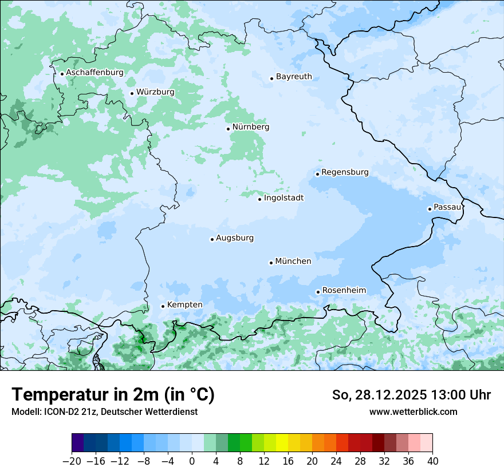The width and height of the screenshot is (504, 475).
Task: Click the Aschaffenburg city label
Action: (x=94, y=73)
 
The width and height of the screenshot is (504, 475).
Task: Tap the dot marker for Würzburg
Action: (x=132, y=93)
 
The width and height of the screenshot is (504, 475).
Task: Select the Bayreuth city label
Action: (x=294, y=77)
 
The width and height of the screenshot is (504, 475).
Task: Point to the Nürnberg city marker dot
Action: (x=228, y=129)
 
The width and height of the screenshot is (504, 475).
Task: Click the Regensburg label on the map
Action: (x=345, y=172)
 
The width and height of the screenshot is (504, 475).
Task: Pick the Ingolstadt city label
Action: (x=283, y=198)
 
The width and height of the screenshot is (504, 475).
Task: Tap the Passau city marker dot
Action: (x=430, y=209)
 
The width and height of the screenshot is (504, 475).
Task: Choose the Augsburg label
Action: (x=234, y=238)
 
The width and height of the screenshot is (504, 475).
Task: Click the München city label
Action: (x=293, y=262)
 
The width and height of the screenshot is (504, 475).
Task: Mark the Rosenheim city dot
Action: (x=318, y=292)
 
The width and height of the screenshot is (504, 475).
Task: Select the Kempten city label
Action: (x=184, y=305)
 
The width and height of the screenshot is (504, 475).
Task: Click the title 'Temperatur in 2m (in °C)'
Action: (x=113, y=394)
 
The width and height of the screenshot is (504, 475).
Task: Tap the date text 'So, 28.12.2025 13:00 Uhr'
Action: (x=411, y=395)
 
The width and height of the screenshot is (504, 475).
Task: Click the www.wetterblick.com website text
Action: (x=413, y=411)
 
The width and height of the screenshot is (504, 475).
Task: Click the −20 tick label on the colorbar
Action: (x=72, y=461)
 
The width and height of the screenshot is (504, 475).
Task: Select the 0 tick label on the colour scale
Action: (x=192, y=461)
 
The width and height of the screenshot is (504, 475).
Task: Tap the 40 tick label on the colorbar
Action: (x=432, y=461)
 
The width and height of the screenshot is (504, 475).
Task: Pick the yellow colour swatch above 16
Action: (x=282, y=443)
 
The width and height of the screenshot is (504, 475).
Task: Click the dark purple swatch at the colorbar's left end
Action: (x=78, y=443)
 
